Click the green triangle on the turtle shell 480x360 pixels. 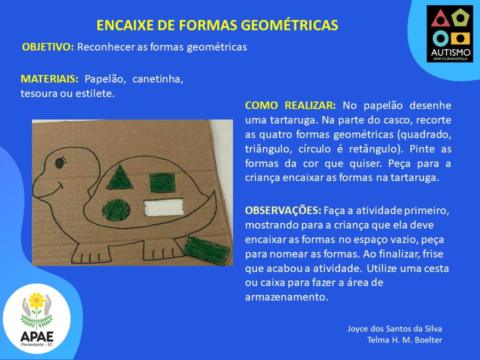[x=119, y=179]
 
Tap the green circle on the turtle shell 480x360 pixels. [x=116, y=209]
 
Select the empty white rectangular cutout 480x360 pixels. [x=164, y=207]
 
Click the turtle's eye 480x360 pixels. [x=59, y=162]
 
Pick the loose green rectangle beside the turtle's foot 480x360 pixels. [x=206, y=250]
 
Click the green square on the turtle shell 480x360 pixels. [x=162, y=183]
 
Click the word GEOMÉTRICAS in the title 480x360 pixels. [x=289, y=25]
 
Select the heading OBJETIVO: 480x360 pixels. [x=48, y=47]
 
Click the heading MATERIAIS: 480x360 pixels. [x=49, y=79]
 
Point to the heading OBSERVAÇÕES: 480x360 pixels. [x=283, y=210]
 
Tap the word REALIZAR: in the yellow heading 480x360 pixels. [x=310, y=105]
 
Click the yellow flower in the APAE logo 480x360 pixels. [x=36, y=300]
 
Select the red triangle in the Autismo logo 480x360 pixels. [x=440, y=18]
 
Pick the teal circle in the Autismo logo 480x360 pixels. [x=440, y=38]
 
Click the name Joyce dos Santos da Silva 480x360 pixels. [x=394, y=329]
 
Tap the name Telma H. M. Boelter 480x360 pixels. [x=404, y=340]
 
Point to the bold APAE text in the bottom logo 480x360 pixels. [x=37, y=336]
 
